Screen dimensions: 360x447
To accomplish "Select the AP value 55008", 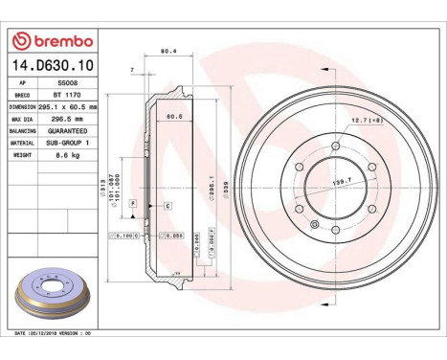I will pyautogui.click(x=66, y=84).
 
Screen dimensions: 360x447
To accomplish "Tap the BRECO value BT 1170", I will pyautogui.click(x=66, y=96).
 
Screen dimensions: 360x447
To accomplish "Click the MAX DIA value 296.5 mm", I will pyautogui.click(x=66, y=118).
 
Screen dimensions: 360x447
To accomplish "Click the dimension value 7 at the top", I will pyautogui.click(x=130, y=70).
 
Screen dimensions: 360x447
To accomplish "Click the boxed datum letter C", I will pyautogui.click(x=168, y=206).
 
